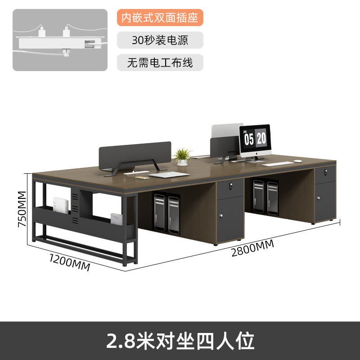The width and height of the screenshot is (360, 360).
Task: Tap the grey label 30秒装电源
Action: tap(160, 40)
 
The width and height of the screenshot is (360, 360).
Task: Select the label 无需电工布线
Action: tap(160, 63)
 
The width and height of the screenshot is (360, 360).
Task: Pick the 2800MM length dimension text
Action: tap(252, 247)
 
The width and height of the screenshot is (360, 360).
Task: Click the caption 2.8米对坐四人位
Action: tap(180, 341)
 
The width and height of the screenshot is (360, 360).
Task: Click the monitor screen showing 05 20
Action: tap(255, 138)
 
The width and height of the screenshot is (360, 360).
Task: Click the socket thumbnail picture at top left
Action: tap(60, 40)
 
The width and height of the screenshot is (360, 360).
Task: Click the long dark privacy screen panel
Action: tap(135, 154)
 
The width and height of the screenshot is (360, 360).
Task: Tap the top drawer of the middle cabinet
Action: tap(230, 186)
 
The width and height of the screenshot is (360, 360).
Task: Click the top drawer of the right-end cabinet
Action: tap(325, 173)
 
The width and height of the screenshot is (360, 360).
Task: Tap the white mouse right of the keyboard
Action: tap(297, 161)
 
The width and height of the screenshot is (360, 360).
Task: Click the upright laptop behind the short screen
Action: tap(227, 133)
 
